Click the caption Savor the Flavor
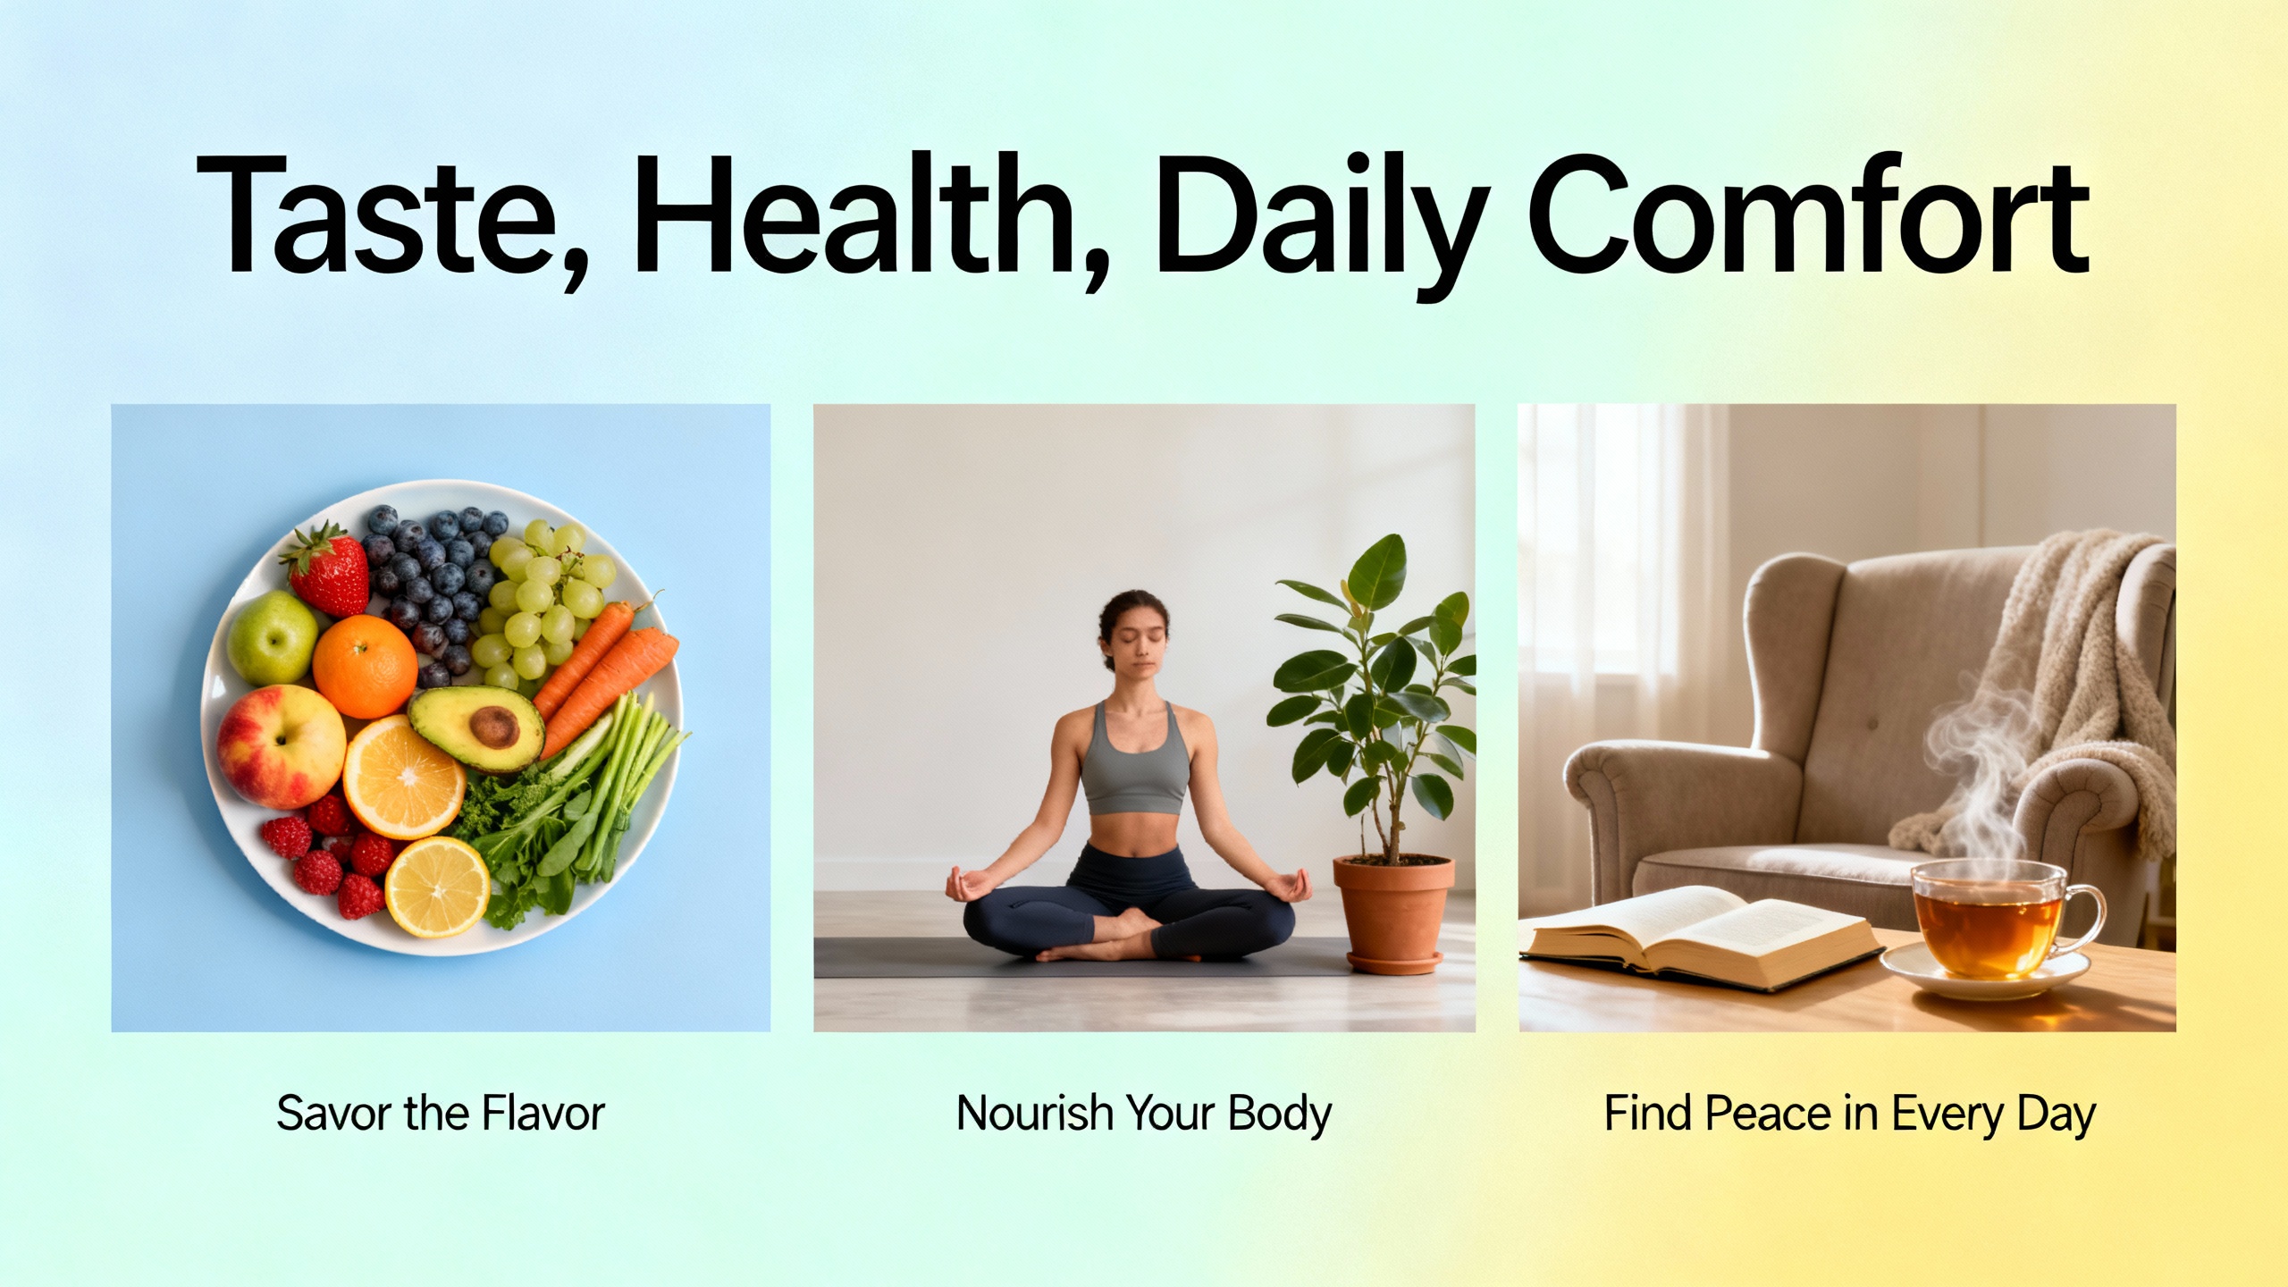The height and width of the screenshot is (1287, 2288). [441, 1114]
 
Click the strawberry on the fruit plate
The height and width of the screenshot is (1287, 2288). [326, 569]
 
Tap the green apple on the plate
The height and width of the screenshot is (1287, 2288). [273, 637]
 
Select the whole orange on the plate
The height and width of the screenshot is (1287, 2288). [365, 666]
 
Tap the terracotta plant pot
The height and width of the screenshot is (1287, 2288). [1393, 914]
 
